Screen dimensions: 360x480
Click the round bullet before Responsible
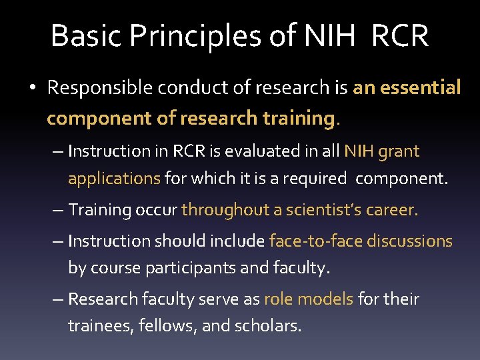click(x=33, y=88)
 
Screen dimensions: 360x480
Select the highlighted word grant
click(x=399, y=151)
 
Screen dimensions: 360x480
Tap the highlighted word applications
click(x=114, y=179)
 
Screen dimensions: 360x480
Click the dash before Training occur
click(x=58, y=210)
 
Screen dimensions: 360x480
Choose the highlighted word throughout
click(x=231, y=210)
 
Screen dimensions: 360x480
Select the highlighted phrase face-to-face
click(x=313, y=241)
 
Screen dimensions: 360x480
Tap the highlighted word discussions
click(x=407, y=241)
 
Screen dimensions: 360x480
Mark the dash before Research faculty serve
click(x=58, y=299)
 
